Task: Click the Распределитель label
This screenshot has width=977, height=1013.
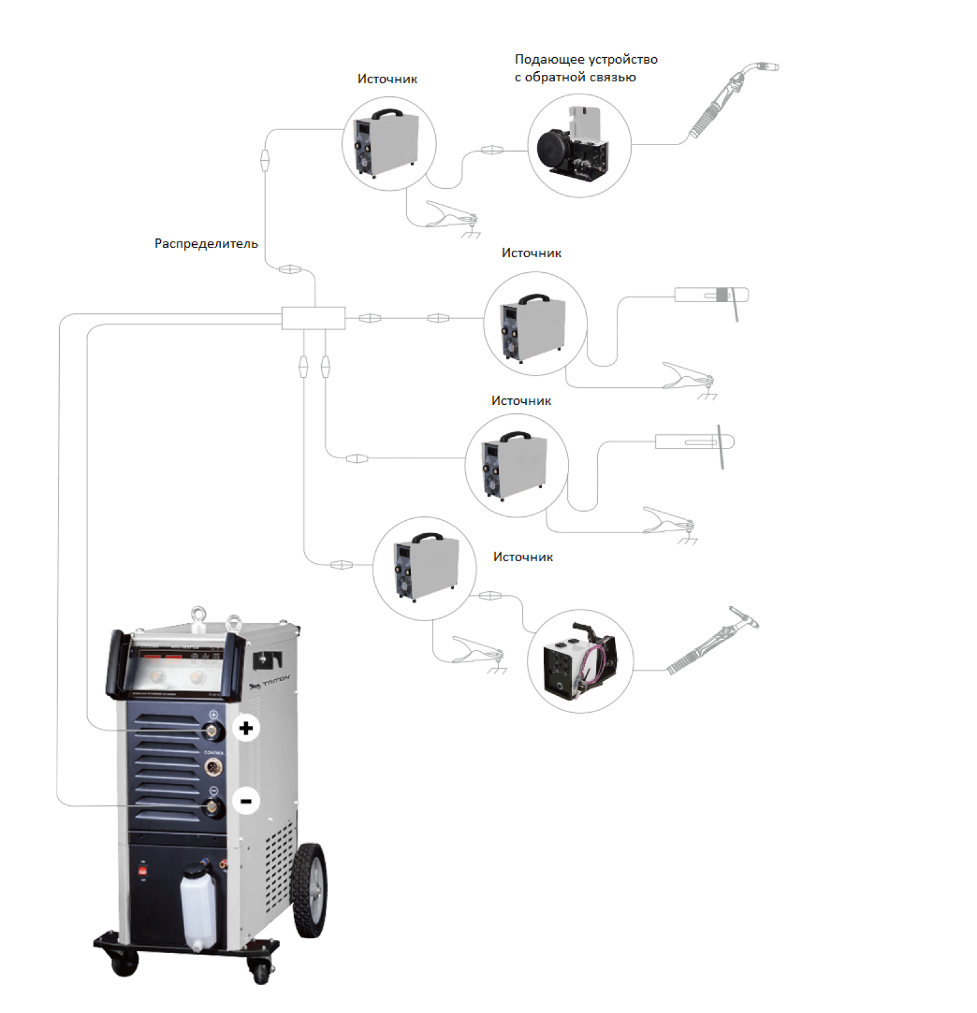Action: [x=206, y=243]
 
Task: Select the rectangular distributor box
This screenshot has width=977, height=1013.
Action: [x=313, y=318]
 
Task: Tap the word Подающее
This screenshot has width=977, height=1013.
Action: [x=549, y=59]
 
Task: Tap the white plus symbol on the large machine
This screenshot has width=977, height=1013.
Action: [x=246, y=728]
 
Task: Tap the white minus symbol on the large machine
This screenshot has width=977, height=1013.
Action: [x=246, y=801]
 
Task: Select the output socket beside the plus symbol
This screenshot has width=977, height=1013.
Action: [x=212, y=732]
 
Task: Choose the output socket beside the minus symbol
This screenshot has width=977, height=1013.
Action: [x=212, y=807]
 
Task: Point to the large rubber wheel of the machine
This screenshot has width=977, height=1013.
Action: [x=309, y=890]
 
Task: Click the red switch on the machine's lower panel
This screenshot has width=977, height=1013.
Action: [x=142, y=870]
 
